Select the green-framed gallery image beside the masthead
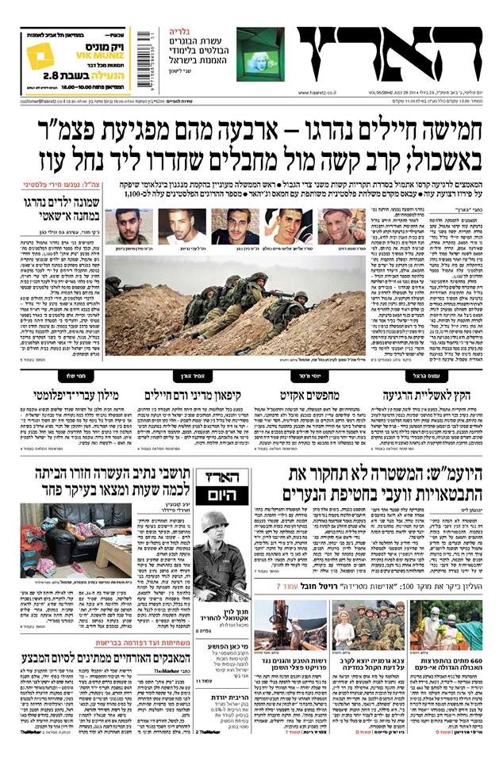pyautogui.click(x=259, y=54)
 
